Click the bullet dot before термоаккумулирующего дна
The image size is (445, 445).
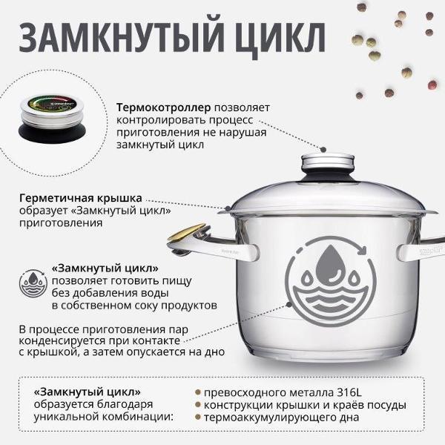click(198, 418)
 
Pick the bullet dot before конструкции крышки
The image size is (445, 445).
click(198, 405)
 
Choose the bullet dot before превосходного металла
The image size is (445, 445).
click(198, 392)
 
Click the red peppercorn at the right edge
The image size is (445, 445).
click(432, 85)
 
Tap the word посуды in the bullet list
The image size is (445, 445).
click(386, 405)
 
